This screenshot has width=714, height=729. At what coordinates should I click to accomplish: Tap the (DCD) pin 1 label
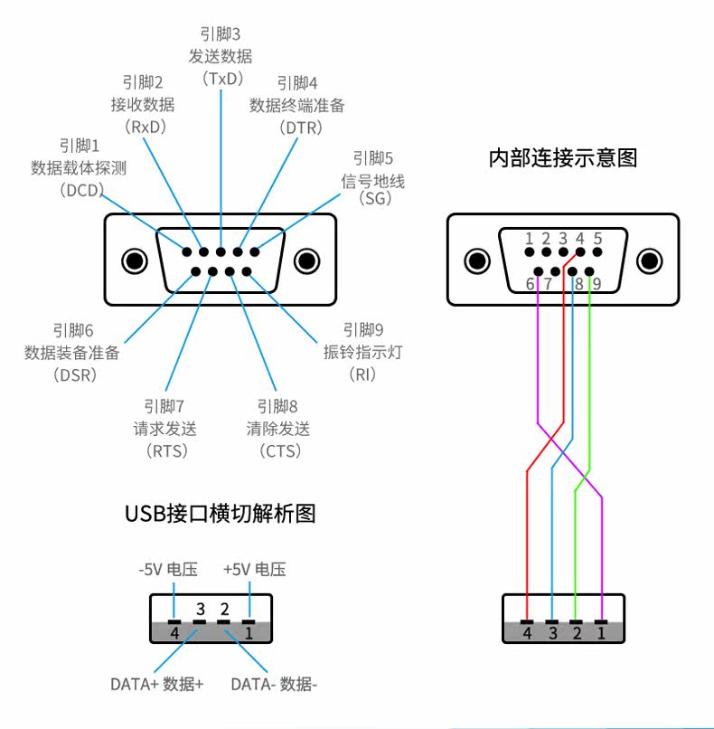(80, 167)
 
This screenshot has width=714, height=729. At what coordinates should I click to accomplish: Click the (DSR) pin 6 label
(71, 352)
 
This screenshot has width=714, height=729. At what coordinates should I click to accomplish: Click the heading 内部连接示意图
(563, 158)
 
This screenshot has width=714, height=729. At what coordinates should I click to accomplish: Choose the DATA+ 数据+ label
(156, 684)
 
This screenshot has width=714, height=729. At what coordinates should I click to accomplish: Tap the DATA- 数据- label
(274, 684)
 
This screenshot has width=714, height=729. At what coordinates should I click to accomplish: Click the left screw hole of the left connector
(135, 261)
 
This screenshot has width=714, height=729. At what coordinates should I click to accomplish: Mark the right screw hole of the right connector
(650, 260)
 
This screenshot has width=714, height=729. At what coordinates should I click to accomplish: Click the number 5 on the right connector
(597, 239)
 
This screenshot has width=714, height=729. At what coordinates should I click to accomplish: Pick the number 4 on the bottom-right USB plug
(527, 633)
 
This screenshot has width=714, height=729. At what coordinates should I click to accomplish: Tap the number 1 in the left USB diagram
(249, 632)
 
